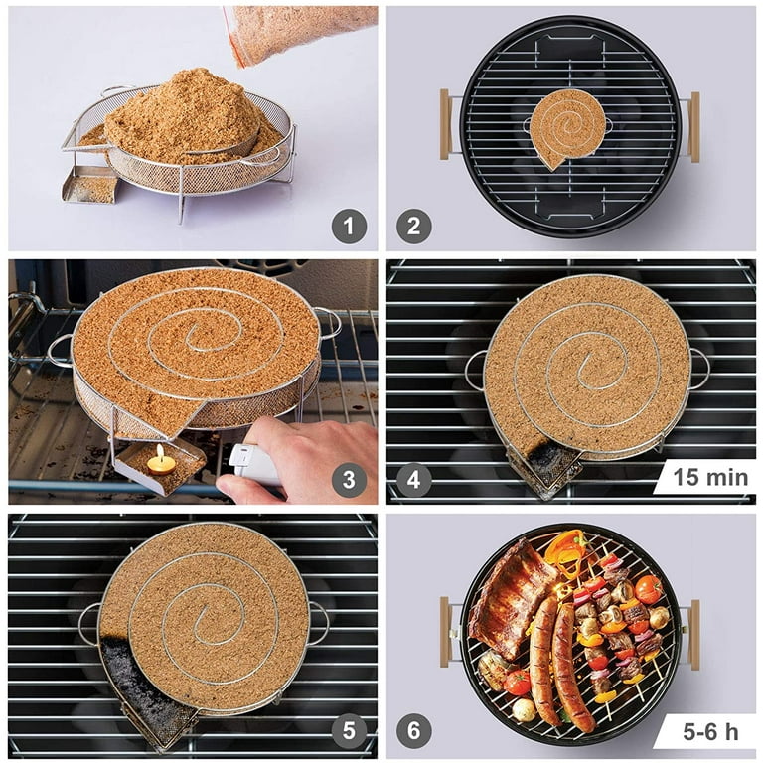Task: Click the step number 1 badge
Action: pos(349,227)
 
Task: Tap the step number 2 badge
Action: pos(414,227)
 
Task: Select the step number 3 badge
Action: pos(349,481)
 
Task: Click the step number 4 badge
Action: pos(414,481)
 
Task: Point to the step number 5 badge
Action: pos(349,732)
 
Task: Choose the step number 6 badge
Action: pos(414,732)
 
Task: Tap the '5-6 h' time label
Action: pos(709,732)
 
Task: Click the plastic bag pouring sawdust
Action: pos(298,30)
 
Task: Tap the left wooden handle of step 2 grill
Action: pos(445,124)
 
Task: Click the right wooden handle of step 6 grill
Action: pos(694,634)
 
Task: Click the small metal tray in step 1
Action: pos(90,184)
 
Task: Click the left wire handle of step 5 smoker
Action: pos(90,624)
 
